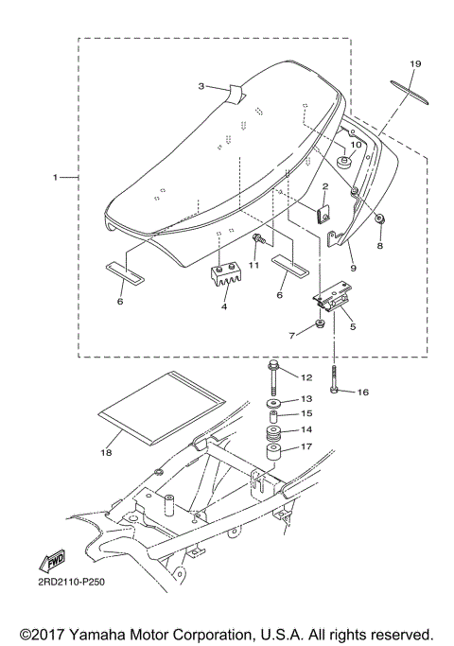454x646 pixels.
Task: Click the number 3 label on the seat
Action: pyautogui.click(x=201, y=86)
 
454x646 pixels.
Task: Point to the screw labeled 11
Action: pyautogui.click(x=256, y=237)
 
